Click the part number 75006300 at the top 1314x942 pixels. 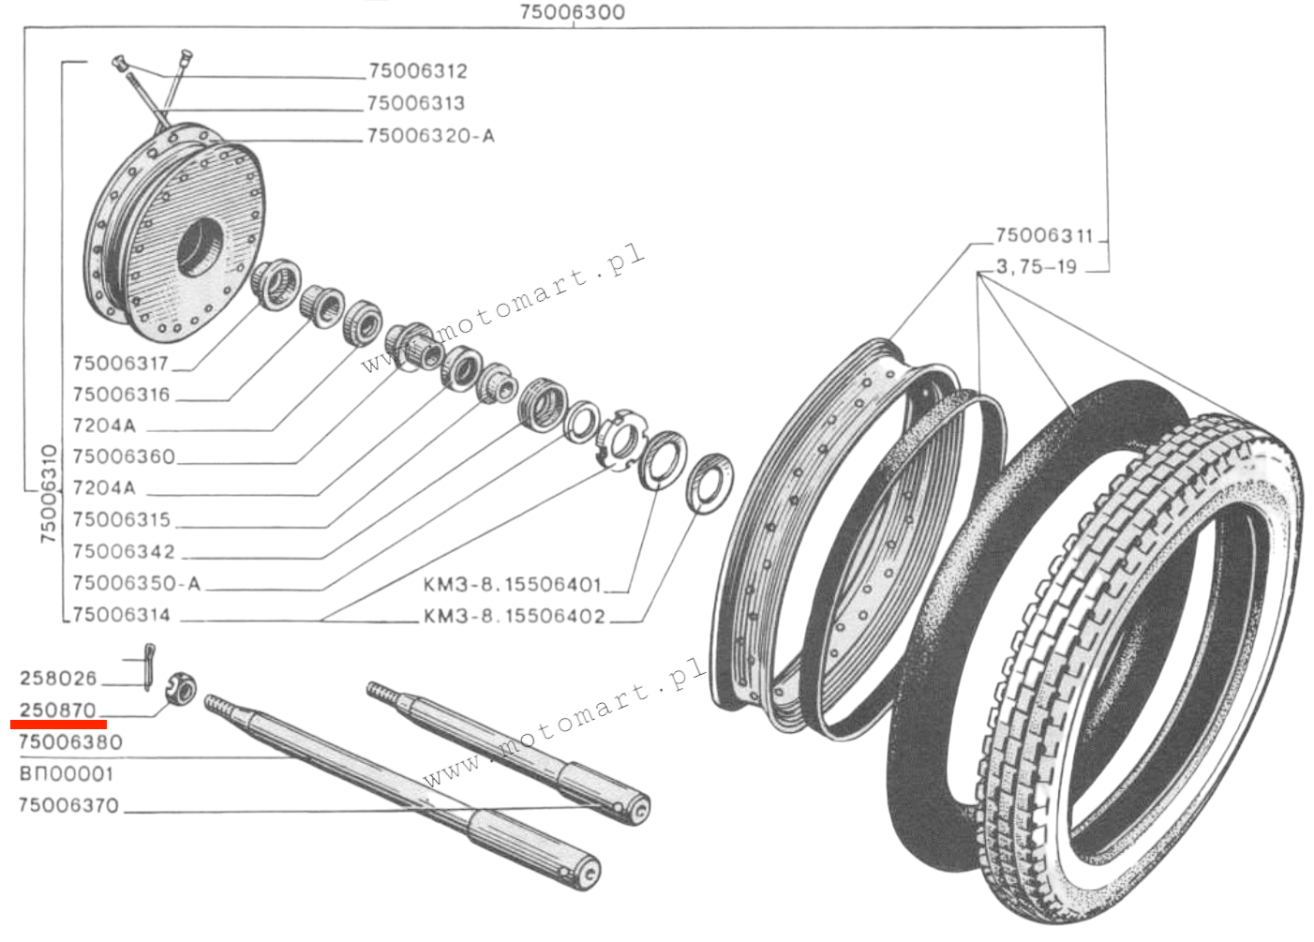point(572,12)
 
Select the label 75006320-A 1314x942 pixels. point(430,136)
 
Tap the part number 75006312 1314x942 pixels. point(417,71)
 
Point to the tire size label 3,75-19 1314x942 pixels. point(1036,267)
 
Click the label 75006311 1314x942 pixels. point(1044,235)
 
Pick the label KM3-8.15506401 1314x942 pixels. point(512,585)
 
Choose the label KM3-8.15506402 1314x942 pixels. point(514,617)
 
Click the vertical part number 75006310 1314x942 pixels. point(49,494)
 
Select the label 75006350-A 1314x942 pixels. point(136,583)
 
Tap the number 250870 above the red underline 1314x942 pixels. point(58,710)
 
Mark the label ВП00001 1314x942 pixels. point(66,774)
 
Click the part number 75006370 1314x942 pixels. point(68,805)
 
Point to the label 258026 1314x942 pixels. point(58,678)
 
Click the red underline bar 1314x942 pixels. point(58,725)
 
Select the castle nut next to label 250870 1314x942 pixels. point(181,692)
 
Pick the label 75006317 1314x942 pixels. point(120,364)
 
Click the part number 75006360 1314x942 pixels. point(123,456)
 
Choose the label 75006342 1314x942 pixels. point(123,551)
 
